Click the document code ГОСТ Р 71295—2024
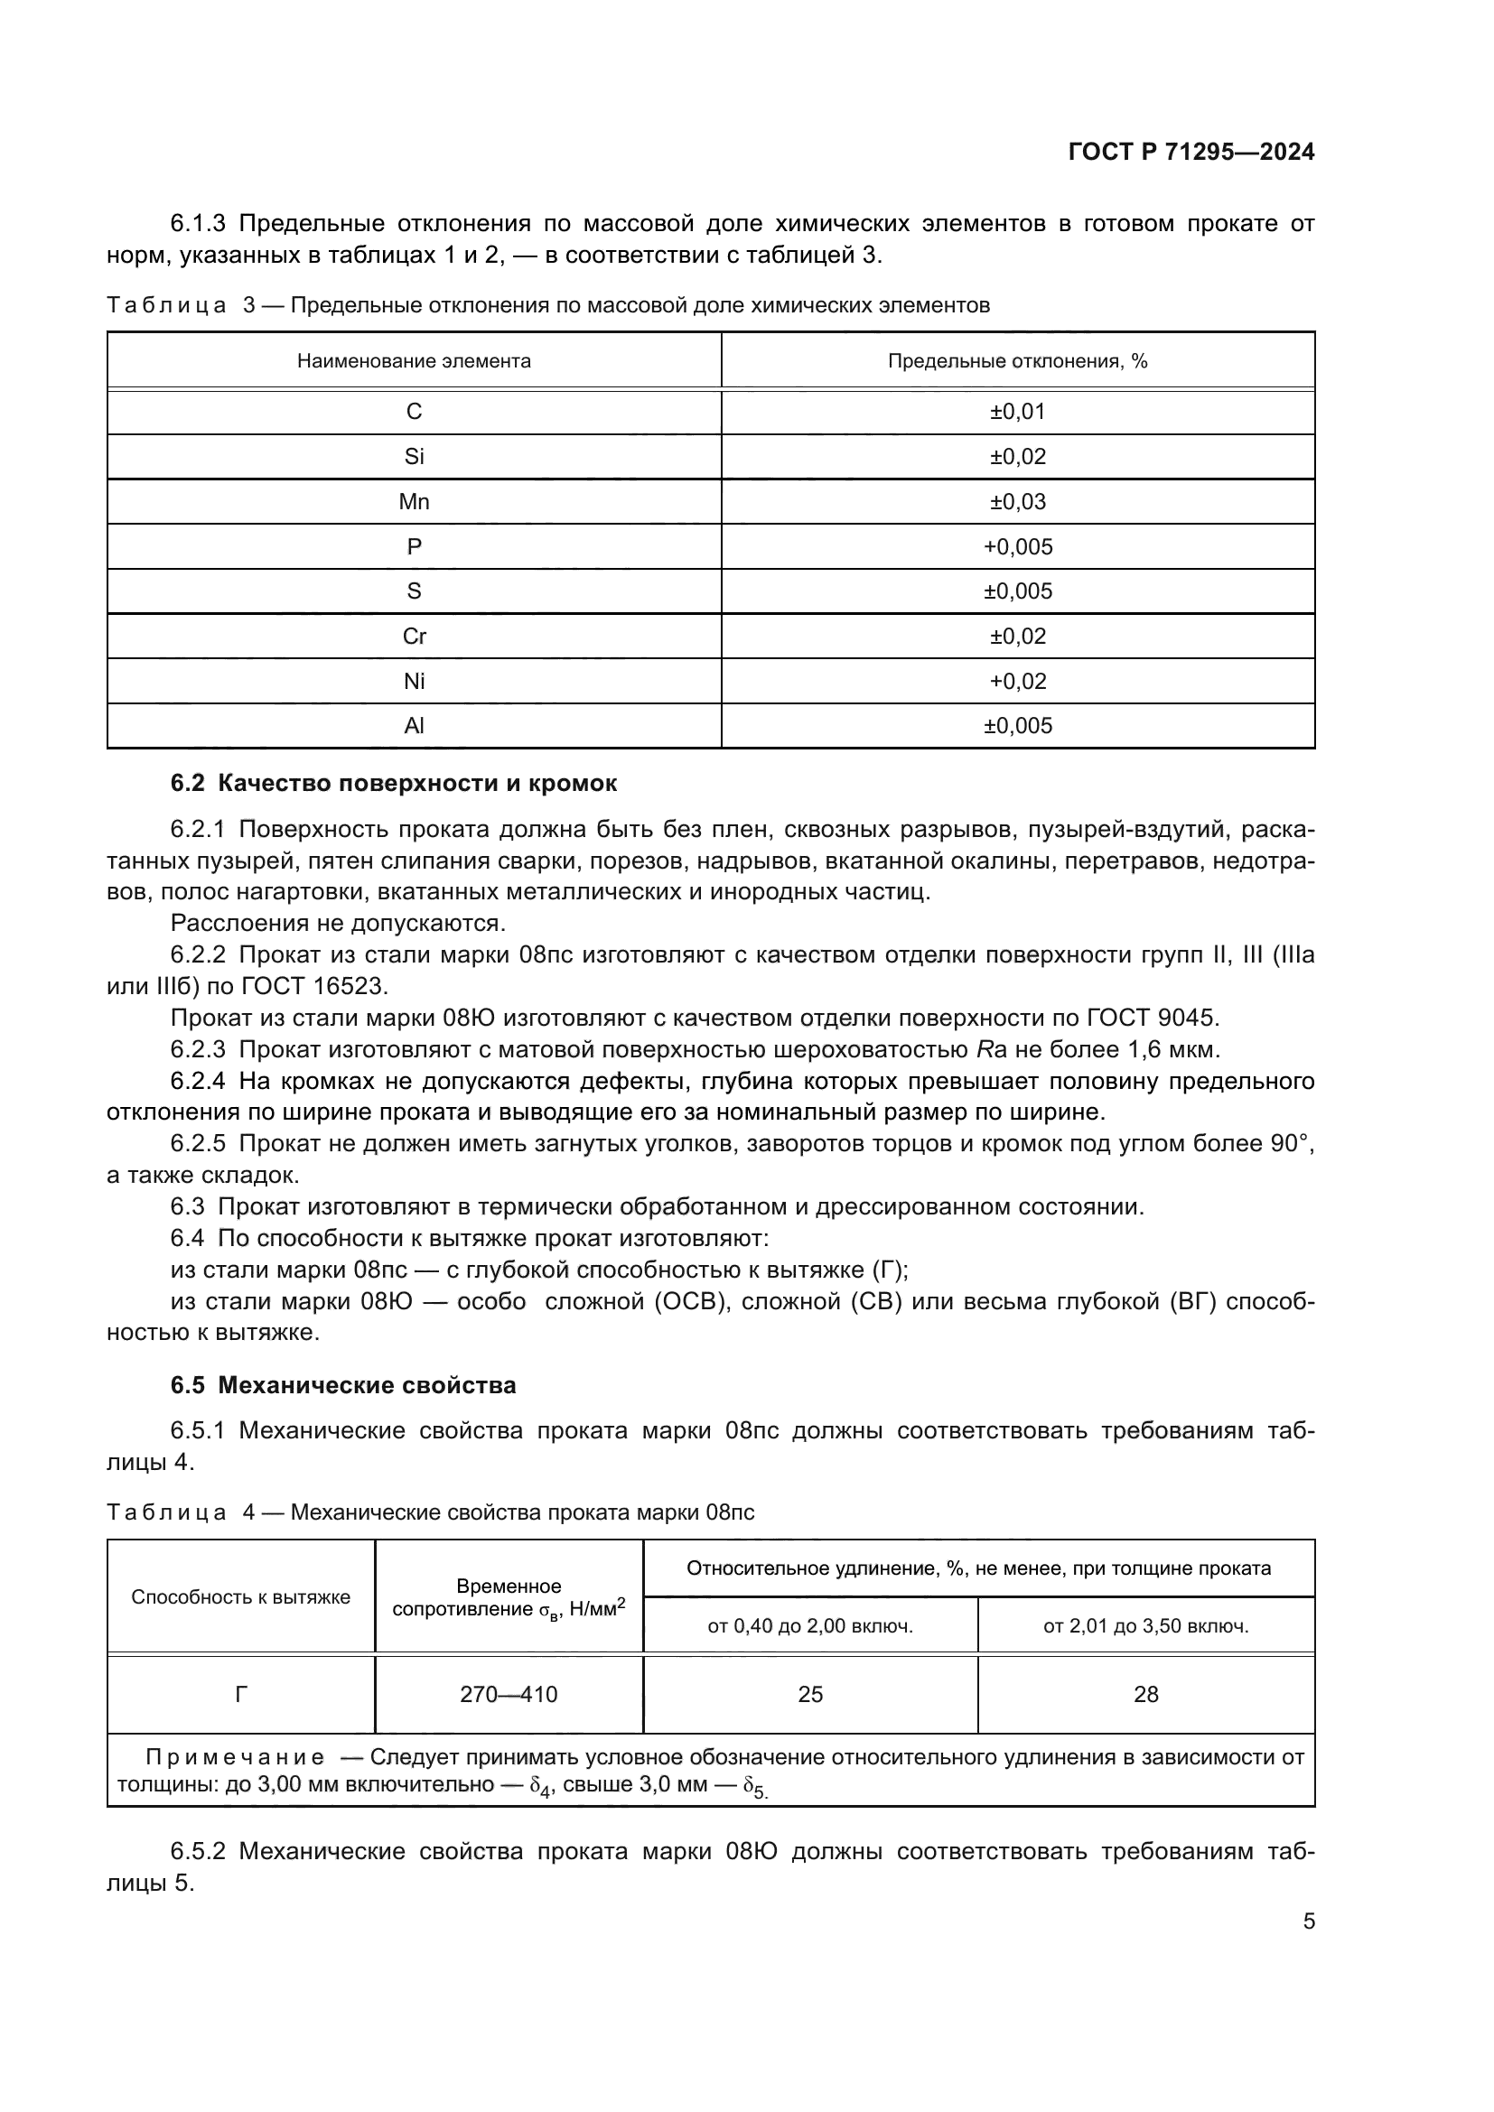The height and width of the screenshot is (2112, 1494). (1191, 153)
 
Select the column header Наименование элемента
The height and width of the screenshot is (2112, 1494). (414, 361)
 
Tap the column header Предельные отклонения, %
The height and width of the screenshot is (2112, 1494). (1017, 361)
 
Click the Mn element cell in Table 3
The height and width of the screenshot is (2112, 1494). (414, 502)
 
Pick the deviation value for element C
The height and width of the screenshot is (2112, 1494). (1017, 412)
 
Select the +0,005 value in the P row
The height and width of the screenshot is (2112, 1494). (1017, 547)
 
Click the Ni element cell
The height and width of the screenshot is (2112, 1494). (414, 682)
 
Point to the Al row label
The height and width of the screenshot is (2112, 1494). (414, 727)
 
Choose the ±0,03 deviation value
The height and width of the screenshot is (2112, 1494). (1017, 502)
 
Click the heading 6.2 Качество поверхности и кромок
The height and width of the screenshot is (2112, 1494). (394, 784)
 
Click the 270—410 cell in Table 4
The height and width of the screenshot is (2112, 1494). (509, 1694)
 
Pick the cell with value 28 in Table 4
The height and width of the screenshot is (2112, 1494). (1145, 1694)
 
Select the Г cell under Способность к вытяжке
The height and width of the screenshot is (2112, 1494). (241, 1694)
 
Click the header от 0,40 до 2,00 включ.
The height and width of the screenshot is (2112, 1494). (809, 1626)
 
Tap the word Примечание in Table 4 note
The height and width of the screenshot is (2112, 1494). (236, 1758)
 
